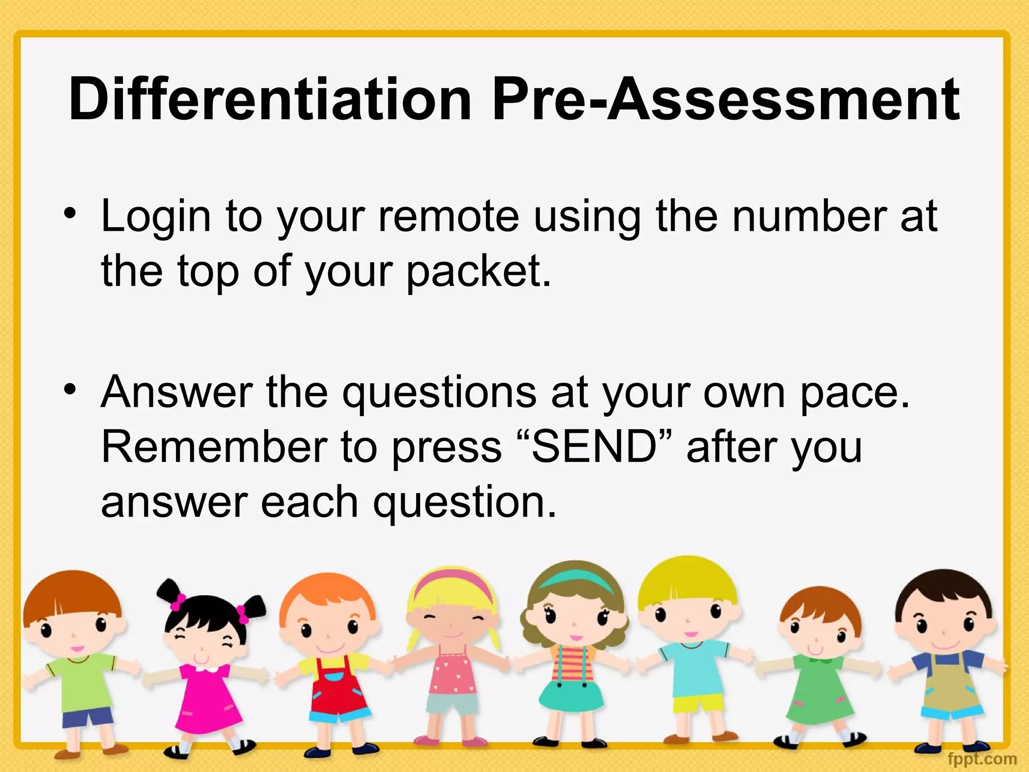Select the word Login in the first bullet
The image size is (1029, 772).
[156, 217]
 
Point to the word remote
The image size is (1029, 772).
[448, 217]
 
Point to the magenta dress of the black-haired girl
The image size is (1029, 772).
[201, 699]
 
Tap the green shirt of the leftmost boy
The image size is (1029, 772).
[80, 679]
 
